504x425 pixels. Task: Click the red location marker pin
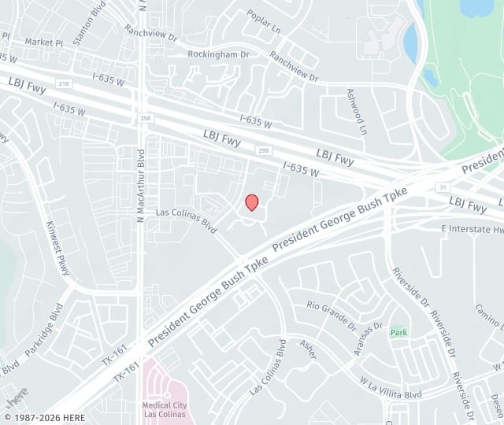pyautogui.click(x=251, y=202)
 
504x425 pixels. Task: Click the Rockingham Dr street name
pyautogui.click(x=218, y=54)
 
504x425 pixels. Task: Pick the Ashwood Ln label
pyautogui.click(x=357, y=109)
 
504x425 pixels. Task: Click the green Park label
pyautogui.click(x=398, y=333)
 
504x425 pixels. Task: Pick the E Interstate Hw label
pyautogui.click(x=472, y=229)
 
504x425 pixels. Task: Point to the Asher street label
pyautogui.click(x=309, y=349)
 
